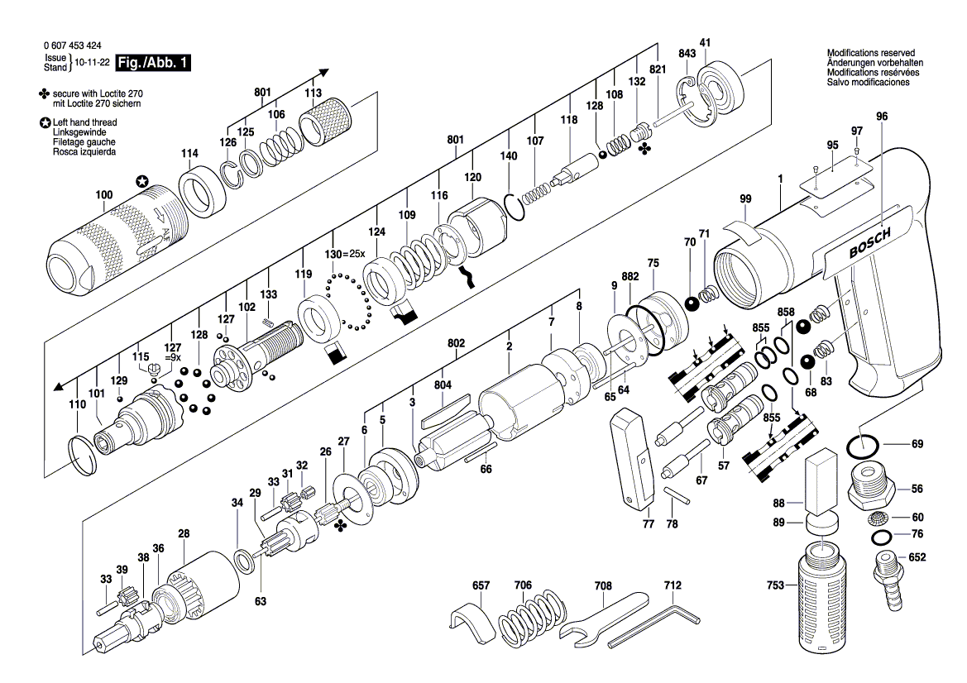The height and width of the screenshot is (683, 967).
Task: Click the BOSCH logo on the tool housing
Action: pyautogui.click(x=870, y=242)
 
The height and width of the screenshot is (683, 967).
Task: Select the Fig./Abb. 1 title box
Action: pyautogui.click(x=153, y=63)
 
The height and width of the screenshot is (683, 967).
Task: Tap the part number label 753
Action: pyautogui.click(x=774, y=585)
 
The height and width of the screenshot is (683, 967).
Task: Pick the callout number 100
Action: pyautogui.click(x=103, y=195)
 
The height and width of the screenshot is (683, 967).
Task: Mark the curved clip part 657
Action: pyautogui.click(x=472, y=623)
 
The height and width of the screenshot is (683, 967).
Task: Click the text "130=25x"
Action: pyautogui.click(x=345, y=254)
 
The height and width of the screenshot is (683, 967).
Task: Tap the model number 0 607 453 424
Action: pyautogui.click(x=73, y=45)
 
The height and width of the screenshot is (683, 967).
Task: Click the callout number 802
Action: pyautogui.click(x=456, y=342)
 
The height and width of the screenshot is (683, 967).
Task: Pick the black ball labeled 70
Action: pyautogui.click(x=692, y=304)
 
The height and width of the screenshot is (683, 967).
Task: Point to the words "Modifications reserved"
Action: pyautogui.click(x=871, y=53)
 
